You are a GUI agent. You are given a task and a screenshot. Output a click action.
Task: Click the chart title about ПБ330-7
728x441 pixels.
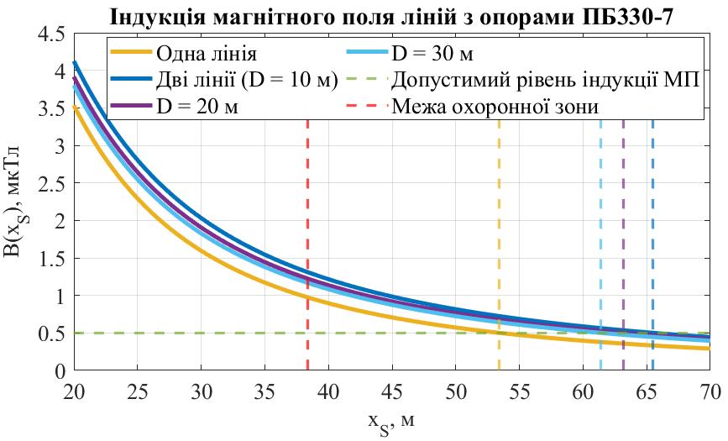pyautogui.click(x=392, y=16)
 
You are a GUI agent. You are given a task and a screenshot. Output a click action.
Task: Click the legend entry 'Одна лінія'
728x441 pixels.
pyautogui.click(x=205, y=55)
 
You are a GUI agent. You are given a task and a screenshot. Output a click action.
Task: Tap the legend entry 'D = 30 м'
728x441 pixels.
pyautogui.click(x=432, y=55)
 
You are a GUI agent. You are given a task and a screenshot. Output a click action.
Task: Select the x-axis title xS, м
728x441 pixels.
pyautogui.click(x=391, y=419)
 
